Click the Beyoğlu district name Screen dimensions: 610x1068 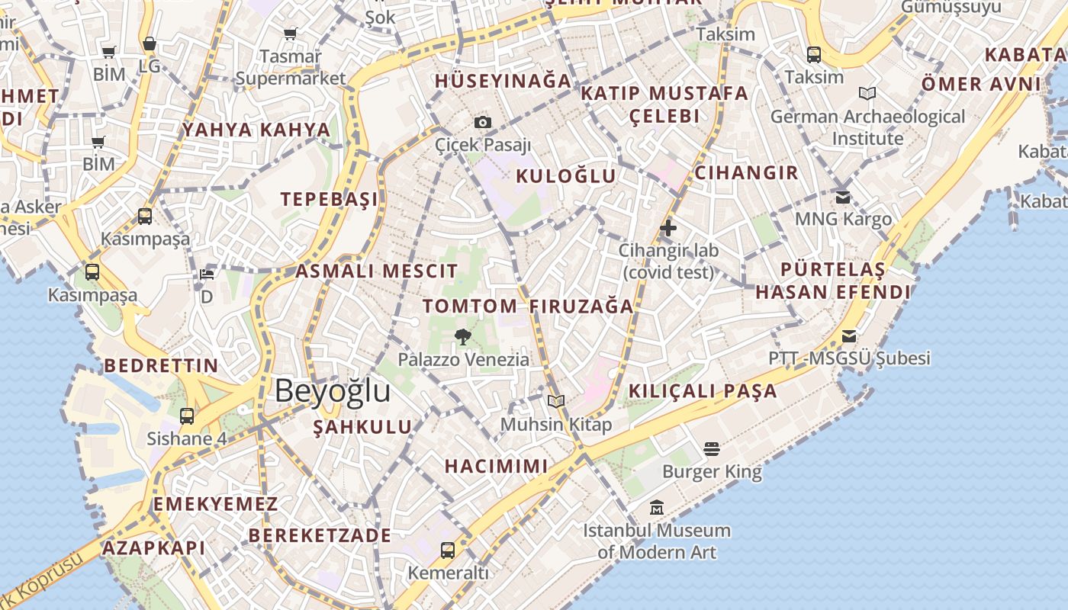333,391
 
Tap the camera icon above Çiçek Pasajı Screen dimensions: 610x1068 482,122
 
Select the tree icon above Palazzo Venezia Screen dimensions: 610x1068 462,336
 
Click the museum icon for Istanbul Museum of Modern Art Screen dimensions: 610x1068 656,507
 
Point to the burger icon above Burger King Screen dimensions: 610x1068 712,449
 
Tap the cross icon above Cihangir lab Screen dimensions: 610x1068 668,227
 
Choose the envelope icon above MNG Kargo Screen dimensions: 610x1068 843,197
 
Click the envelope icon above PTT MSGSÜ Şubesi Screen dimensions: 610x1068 849,336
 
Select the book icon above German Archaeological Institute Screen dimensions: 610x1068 867,93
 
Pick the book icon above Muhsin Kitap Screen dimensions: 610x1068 556,401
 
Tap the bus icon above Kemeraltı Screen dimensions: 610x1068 448,550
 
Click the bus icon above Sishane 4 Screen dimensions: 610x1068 187,416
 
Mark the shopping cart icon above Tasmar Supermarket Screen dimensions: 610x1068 290,34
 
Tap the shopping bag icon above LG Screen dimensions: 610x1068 150,43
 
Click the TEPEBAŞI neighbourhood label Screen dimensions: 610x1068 330,200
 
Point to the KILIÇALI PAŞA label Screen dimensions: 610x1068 703,392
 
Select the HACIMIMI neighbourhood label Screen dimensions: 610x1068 496,466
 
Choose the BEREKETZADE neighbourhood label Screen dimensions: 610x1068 320,535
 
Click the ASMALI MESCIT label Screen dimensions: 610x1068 377,271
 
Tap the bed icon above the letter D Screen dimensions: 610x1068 206,274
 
